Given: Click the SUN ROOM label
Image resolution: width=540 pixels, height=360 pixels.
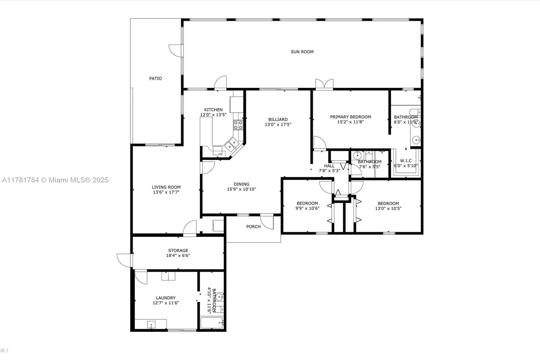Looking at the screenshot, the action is pyautogui.click(x=302, y=52).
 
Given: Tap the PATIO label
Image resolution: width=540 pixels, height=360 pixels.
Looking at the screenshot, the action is pyautogui.click(x=156, y=78).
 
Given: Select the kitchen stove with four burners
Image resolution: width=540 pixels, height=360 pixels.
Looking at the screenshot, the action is pyautogui.click(x=238, y=125).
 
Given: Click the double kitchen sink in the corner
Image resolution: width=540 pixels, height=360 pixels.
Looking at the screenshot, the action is pyautogui.click(x=232, y=144).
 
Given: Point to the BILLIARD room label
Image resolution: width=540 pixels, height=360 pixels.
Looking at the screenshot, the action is pyautogui.click(x=278, y=120).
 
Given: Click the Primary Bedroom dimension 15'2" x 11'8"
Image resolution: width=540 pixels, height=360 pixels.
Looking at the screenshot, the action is pyautogui.click(x=351, y=122).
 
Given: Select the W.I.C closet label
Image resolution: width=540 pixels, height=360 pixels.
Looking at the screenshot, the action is pyautogui.click(x=406, y=161).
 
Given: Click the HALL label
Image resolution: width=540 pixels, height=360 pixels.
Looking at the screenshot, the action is pyautogui.click(x=329, y=166).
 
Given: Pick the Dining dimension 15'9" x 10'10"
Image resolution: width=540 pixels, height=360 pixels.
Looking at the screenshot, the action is pyautogui.click(x=242, y=189).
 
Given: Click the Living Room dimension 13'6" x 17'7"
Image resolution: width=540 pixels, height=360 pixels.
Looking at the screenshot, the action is pyautogui.click(x=166, y=192).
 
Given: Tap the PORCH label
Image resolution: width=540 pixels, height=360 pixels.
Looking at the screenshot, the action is pyautogui.click(x=253, y=227).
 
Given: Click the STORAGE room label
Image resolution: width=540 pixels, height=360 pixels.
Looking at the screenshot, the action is pyautogui.click(x=178, y=251).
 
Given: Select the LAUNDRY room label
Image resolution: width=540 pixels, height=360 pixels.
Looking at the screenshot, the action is pyautogui.click(x=166, y=298).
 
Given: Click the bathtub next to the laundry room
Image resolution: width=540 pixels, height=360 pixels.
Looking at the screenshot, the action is pyautogui.click(x=212, y=323).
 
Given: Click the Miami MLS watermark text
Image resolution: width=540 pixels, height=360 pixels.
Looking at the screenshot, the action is pyautogui.click(x=55, y=180).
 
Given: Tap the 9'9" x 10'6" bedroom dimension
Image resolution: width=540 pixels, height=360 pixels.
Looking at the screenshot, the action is pyautogui.click(x=307, y=208).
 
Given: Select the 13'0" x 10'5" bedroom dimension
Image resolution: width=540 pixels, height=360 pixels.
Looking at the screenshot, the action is pyautogui.click(x=388, y=208).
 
